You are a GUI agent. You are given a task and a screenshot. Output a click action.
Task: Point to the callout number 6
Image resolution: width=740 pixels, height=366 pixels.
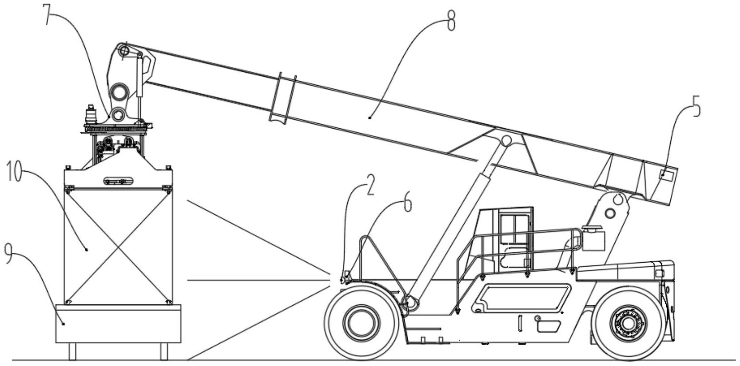coord(408,204)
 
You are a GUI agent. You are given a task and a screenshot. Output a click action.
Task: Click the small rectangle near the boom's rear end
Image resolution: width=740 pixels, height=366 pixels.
coord(666,175)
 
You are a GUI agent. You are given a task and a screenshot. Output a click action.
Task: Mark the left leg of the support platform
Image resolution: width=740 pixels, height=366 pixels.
coord(72,351)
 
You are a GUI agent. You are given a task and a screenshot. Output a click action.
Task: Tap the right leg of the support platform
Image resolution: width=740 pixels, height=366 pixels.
coord(164,351)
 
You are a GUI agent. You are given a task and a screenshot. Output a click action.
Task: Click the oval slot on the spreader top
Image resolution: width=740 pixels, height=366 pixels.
coord(118,181)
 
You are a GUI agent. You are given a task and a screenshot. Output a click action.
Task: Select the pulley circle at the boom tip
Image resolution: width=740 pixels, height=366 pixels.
coord(124,51)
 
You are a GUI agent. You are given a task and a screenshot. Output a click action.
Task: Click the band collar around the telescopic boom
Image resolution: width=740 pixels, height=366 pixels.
coord(283,98)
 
